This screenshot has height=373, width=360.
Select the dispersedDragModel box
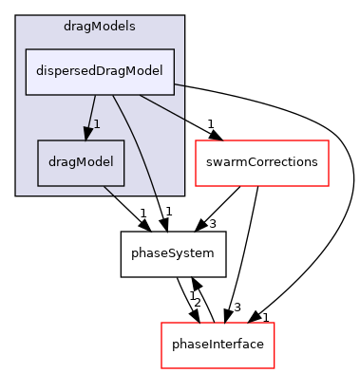[100, 71]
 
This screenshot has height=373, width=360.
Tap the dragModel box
[81, 162]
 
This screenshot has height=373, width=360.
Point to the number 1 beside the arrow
[97, 124]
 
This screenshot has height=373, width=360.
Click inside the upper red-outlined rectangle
[261, 162]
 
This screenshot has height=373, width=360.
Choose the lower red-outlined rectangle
[218, 345]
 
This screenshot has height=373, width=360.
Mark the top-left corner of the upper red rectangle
[196, 140]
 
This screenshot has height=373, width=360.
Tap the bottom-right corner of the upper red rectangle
[328, 185]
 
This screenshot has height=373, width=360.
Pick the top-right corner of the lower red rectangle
[274, 324]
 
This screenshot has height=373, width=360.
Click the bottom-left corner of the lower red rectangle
[161, 367]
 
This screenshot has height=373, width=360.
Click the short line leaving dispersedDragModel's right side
[180, 84]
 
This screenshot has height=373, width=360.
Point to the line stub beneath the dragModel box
[108, 190]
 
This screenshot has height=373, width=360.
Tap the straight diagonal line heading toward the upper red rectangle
[161, 106]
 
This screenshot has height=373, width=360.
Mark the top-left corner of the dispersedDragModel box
[26, 49]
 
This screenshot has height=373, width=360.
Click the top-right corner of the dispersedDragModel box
[174, 49]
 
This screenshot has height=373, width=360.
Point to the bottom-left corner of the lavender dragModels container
[16, 195]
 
